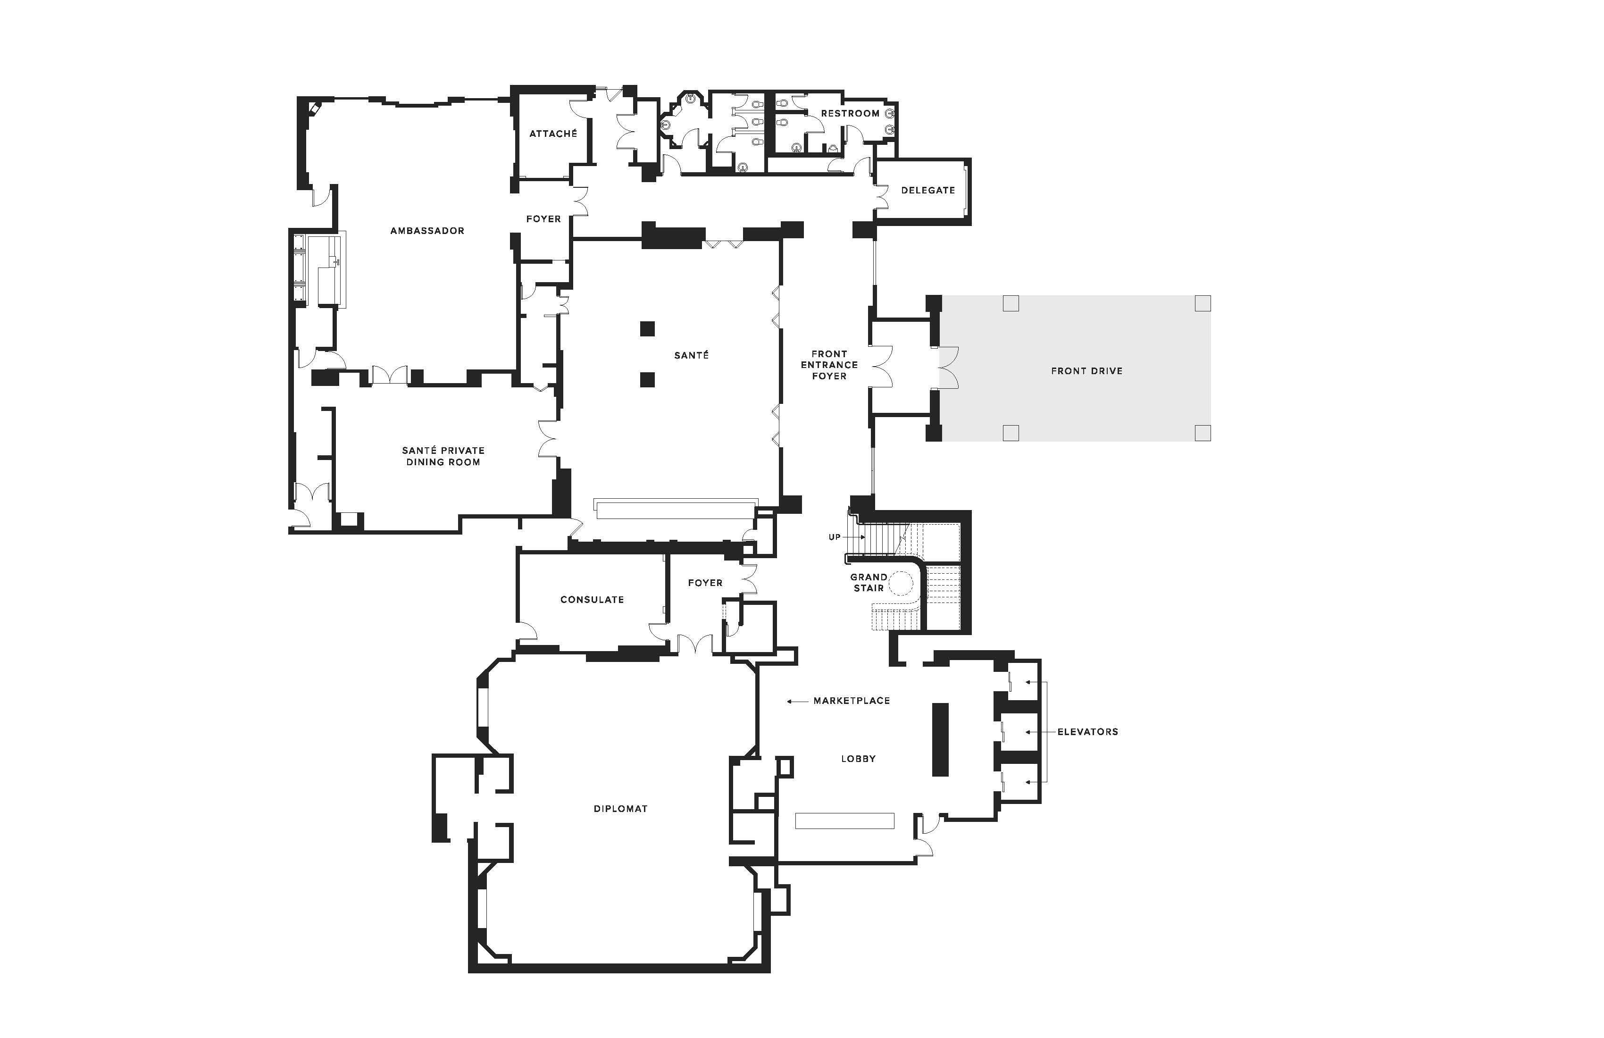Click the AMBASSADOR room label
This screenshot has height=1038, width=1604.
pos(427,231)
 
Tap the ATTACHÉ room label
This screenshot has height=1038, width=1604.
pos(553,134)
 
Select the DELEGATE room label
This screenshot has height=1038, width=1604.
pos(928,190)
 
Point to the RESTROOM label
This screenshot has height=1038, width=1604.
pos(850,113)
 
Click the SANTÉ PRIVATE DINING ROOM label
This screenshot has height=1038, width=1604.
pos(443,456)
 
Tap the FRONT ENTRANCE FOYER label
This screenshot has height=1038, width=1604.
pos(829,365)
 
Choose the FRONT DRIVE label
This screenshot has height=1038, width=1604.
pos(1087,371)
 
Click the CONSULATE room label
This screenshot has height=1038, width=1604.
pos(593,599)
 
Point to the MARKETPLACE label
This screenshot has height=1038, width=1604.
pos(852,701)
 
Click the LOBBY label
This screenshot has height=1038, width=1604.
pos(859,759)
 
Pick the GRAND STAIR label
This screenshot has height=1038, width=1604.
pos(869,582)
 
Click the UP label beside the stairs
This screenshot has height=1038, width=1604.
pos(835,537)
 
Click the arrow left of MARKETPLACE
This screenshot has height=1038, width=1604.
pos(797,702)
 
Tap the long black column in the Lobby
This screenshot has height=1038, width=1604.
pos(940,739)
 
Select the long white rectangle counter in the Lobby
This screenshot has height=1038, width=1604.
pos(844,821)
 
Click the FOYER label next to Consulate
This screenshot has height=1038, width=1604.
pos(705,583)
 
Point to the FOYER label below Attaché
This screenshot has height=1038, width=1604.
pos(543,219)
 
